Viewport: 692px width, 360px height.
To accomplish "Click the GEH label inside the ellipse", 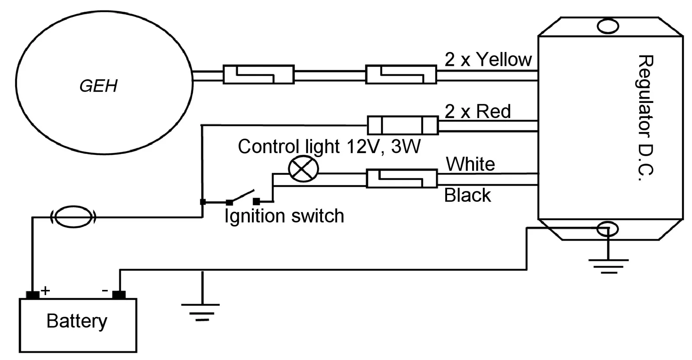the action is pyautogui.click(x=99, y=86).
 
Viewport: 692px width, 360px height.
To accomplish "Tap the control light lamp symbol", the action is pyautogui.click(x=303, y=169).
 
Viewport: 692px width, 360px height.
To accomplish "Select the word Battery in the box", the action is pyautogui.click(x=77, y=321).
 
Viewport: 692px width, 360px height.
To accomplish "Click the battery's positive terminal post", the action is pyautogui.click(x=33, y=295).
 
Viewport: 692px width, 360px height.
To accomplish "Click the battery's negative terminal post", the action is pyautogui.click(x=119, y=295).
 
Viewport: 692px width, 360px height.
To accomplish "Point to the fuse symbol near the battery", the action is pyautogui.click(x=73, y=217).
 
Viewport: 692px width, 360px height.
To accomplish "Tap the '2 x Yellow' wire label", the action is pyautogui.click(x=488, y=59).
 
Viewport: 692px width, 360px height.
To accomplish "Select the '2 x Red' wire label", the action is pyautogui.click(x=478, y=111).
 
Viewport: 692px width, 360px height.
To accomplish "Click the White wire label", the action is pyautogui.click(x=470, y=164).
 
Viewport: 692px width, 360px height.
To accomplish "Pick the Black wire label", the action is pyautogui.click(x=467, y=195).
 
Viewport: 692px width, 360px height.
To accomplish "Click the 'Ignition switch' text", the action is pyautogui.click(x=284, y=216).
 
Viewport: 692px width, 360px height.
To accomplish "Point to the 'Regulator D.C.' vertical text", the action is pyautogui.click(x=646, y=118).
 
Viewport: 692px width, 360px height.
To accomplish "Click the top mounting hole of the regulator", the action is pyautogui.click(x=608, y=26).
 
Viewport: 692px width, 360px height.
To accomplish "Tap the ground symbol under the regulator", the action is pyautogui.click(x=608, y=266).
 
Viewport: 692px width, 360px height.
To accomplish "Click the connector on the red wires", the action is pyautogui.click(x=402, y=125).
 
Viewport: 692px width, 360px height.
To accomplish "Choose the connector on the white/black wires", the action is pyautogui.click(x=402, y=178).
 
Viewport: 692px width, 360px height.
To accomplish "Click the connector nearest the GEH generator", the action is pyautogui.click(x=258, y=74).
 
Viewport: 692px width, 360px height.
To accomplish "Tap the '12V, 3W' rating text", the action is pyautogui.click(x=384, y=146).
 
